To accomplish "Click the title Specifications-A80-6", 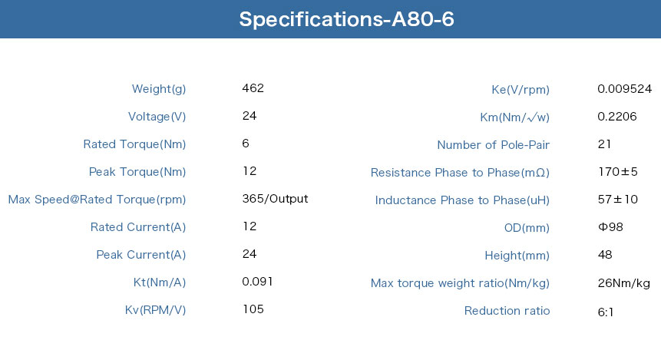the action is [346, 19].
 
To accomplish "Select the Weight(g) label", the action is [158, 89].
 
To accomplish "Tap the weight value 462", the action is [253, 88].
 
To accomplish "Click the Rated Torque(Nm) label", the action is [134, 144].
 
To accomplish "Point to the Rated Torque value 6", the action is [246, 144].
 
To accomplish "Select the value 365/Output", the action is [275, 199].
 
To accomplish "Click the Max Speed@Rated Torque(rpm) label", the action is [97, 200].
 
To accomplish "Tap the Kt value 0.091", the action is [258, 281].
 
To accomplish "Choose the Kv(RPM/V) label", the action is [155, 310].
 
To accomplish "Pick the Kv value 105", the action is [253, 309].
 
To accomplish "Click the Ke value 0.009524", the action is [624, 88].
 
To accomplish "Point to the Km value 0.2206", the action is [616, 117].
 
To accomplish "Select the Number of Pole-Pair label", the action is [493, 145].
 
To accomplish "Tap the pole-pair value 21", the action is [604, 144].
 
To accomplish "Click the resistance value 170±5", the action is [617, 172].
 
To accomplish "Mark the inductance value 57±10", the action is [617, 200].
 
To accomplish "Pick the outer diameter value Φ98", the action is [610, 226].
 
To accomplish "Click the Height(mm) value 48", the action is [605, 255].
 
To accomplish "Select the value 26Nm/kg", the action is [624, 282].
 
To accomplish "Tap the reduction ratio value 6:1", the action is [606, 312].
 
